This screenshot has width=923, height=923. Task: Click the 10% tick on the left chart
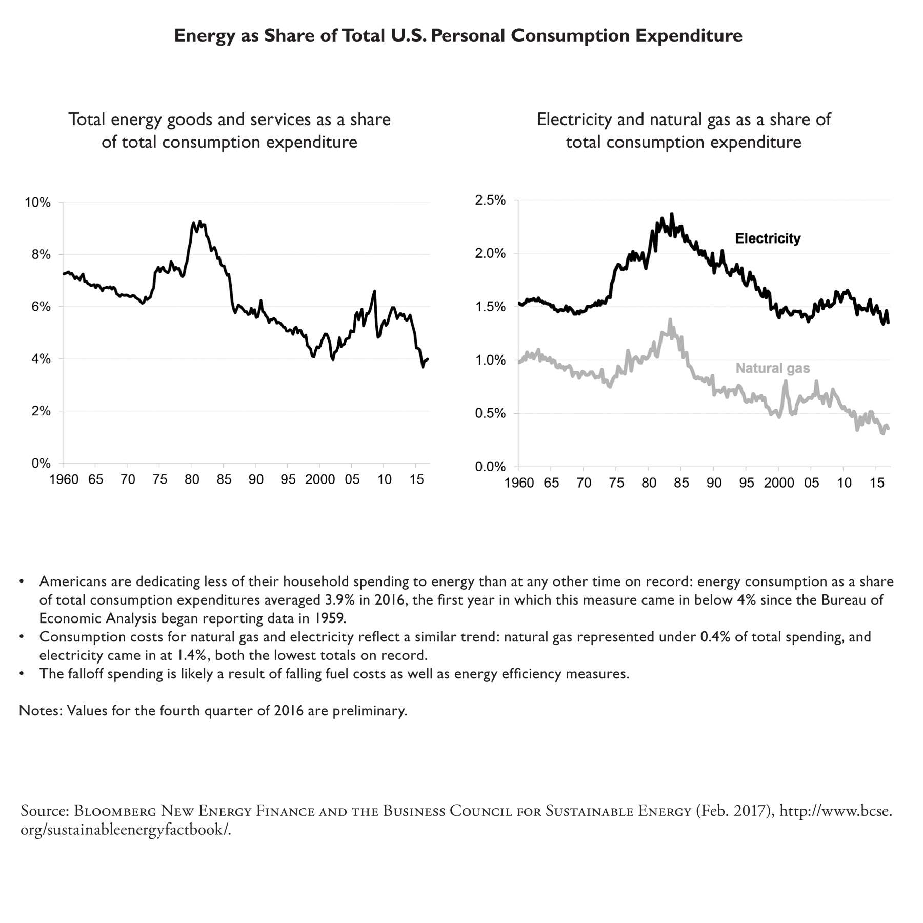pos(38,203)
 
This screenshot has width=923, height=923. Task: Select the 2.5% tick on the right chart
pos(490,200)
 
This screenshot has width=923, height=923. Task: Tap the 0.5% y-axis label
pos(490,414)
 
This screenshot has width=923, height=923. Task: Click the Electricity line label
pos(768,238)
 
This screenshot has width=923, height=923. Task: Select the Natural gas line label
pos(773,368)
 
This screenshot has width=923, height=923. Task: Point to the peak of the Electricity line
pos(672,214)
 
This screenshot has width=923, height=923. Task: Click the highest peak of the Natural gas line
pos(670,319)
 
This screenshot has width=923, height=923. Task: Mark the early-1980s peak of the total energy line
pos(199,222)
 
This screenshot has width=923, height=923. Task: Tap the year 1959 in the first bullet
pos(329,618)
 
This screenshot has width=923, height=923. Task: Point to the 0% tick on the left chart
pos(41,464)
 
